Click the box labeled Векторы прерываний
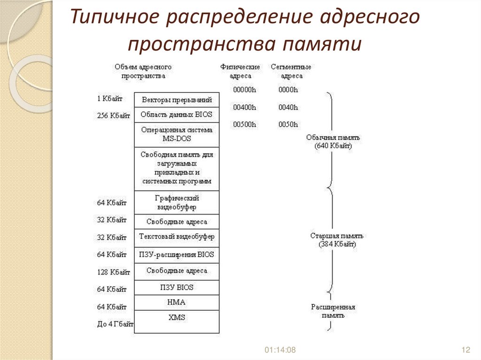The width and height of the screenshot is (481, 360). pos(177,100)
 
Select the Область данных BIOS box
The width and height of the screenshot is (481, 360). pos(177,115)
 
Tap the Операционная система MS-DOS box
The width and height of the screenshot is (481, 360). pos(177,135)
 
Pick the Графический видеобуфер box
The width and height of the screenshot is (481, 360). pos(177,203)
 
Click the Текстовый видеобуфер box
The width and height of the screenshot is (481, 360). pos(177,237)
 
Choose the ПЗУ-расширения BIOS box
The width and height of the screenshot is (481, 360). pos(177,255)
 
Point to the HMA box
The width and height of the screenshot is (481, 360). pos(177,303)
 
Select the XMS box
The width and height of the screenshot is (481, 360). pos(177,318)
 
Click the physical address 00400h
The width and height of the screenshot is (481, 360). pos(245,107)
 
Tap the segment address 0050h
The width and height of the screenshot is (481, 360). pos(288,125)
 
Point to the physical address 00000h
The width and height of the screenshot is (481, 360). pos(245,90)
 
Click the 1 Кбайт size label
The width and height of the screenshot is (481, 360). pos(109,99)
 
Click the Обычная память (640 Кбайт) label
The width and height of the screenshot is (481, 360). pos(333,142)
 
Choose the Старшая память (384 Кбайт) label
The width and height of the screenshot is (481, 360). pos(337,240)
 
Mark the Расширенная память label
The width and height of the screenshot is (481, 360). pos(333,311)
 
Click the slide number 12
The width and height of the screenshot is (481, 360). pos(466,350)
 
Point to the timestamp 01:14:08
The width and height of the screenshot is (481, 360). pos(280,350)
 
